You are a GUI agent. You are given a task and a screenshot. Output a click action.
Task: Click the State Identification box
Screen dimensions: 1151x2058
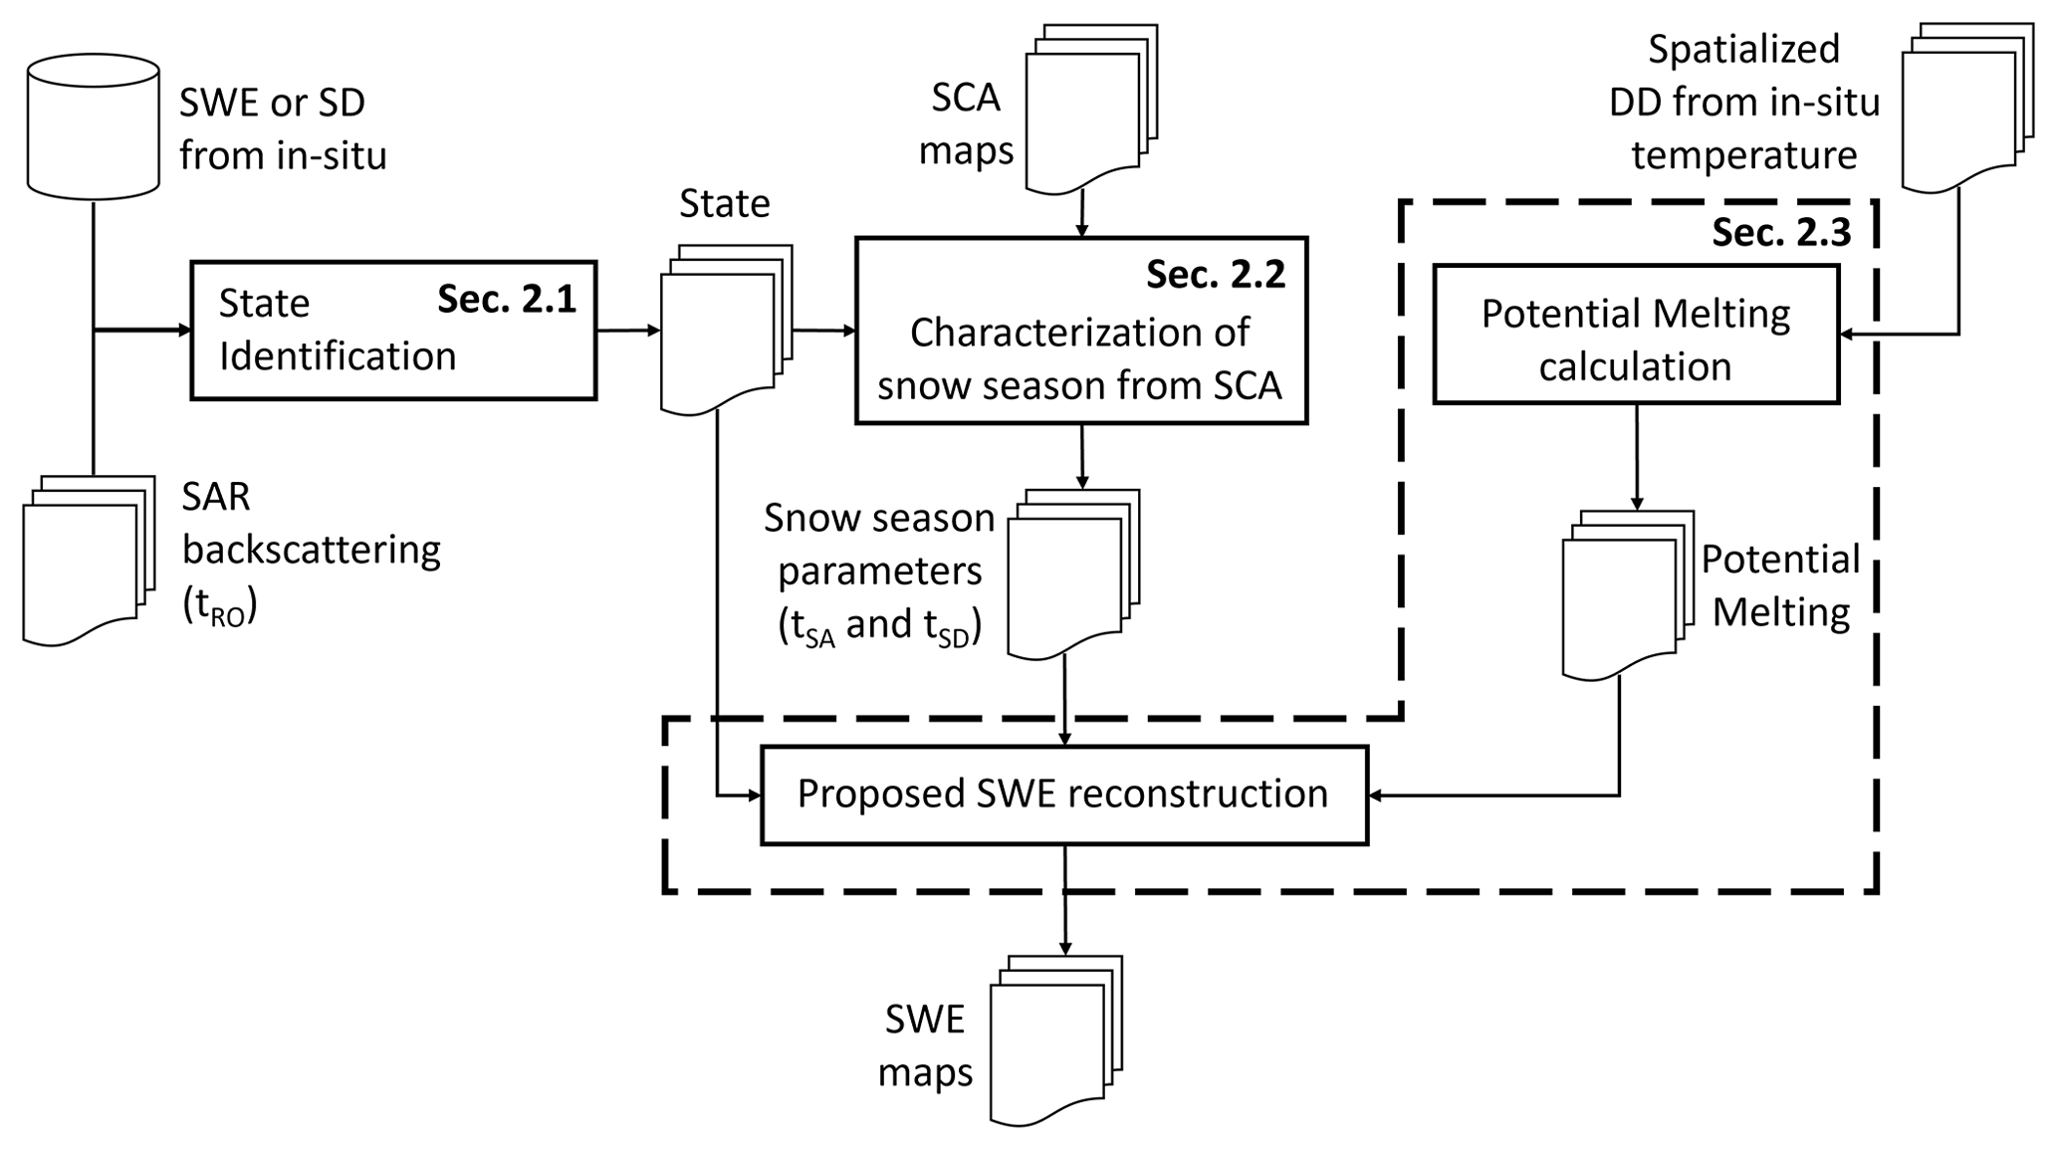tap(393, 331)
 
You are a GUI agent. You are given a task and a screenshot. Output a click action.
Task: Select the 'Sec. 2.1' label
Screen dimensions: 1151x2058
tap(507, 299)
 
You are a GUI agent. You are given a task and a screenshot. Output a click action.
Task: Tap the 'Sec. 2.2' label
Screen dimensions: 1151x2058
tap(1216, 274)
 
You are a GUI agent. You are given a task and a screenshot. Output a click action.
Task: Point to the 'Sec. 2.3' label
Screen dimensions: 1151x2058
tap(1781, 232)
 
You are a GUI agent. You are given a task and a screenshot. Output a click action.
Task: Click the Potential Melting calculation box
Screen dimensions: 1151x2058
tap(1636, 335)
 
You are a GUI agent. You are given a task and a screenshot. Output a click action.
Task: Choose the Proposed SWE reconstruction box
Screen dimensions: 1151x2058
tap(1063, 795)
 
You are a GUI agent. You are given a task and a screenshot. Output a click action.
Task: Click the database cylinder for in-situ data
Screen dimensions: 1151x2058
tap(93, 126)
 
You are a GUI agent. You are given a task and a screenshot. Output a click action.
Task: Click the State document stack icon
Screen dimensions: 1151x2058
tap(725, 329)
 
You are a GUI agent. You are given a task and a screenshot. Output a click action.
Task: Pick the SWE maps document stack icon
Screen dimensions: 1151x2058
tap(1054, 1039)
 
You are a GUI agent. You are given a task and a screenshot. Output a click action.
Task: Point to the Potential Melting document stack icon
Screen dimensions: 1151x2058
tap(1626, 594)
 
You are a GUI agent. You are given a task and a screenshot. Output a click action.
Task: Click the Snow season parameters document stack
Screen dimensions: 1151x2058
tap(1071, 574)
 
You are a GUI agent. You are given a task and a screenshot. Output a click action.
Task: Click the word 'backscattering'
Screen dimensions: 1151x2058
tap(312, 550)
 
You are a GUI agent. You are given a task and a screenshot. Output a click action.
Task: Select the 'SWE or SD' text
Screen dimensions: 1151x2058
tap(272, 102)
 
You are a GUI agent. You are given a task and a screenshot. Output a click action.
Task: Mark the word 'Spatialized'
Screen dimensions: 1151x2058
tap(1743, 49)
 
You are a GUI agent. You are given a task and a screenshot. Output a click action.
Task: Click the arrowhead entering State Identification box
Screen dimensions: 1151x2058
tap(184, 331)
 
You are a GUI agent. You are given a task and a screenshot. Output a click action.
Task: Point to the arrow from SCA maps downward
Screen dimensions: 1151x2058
tap(1081, 215)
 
